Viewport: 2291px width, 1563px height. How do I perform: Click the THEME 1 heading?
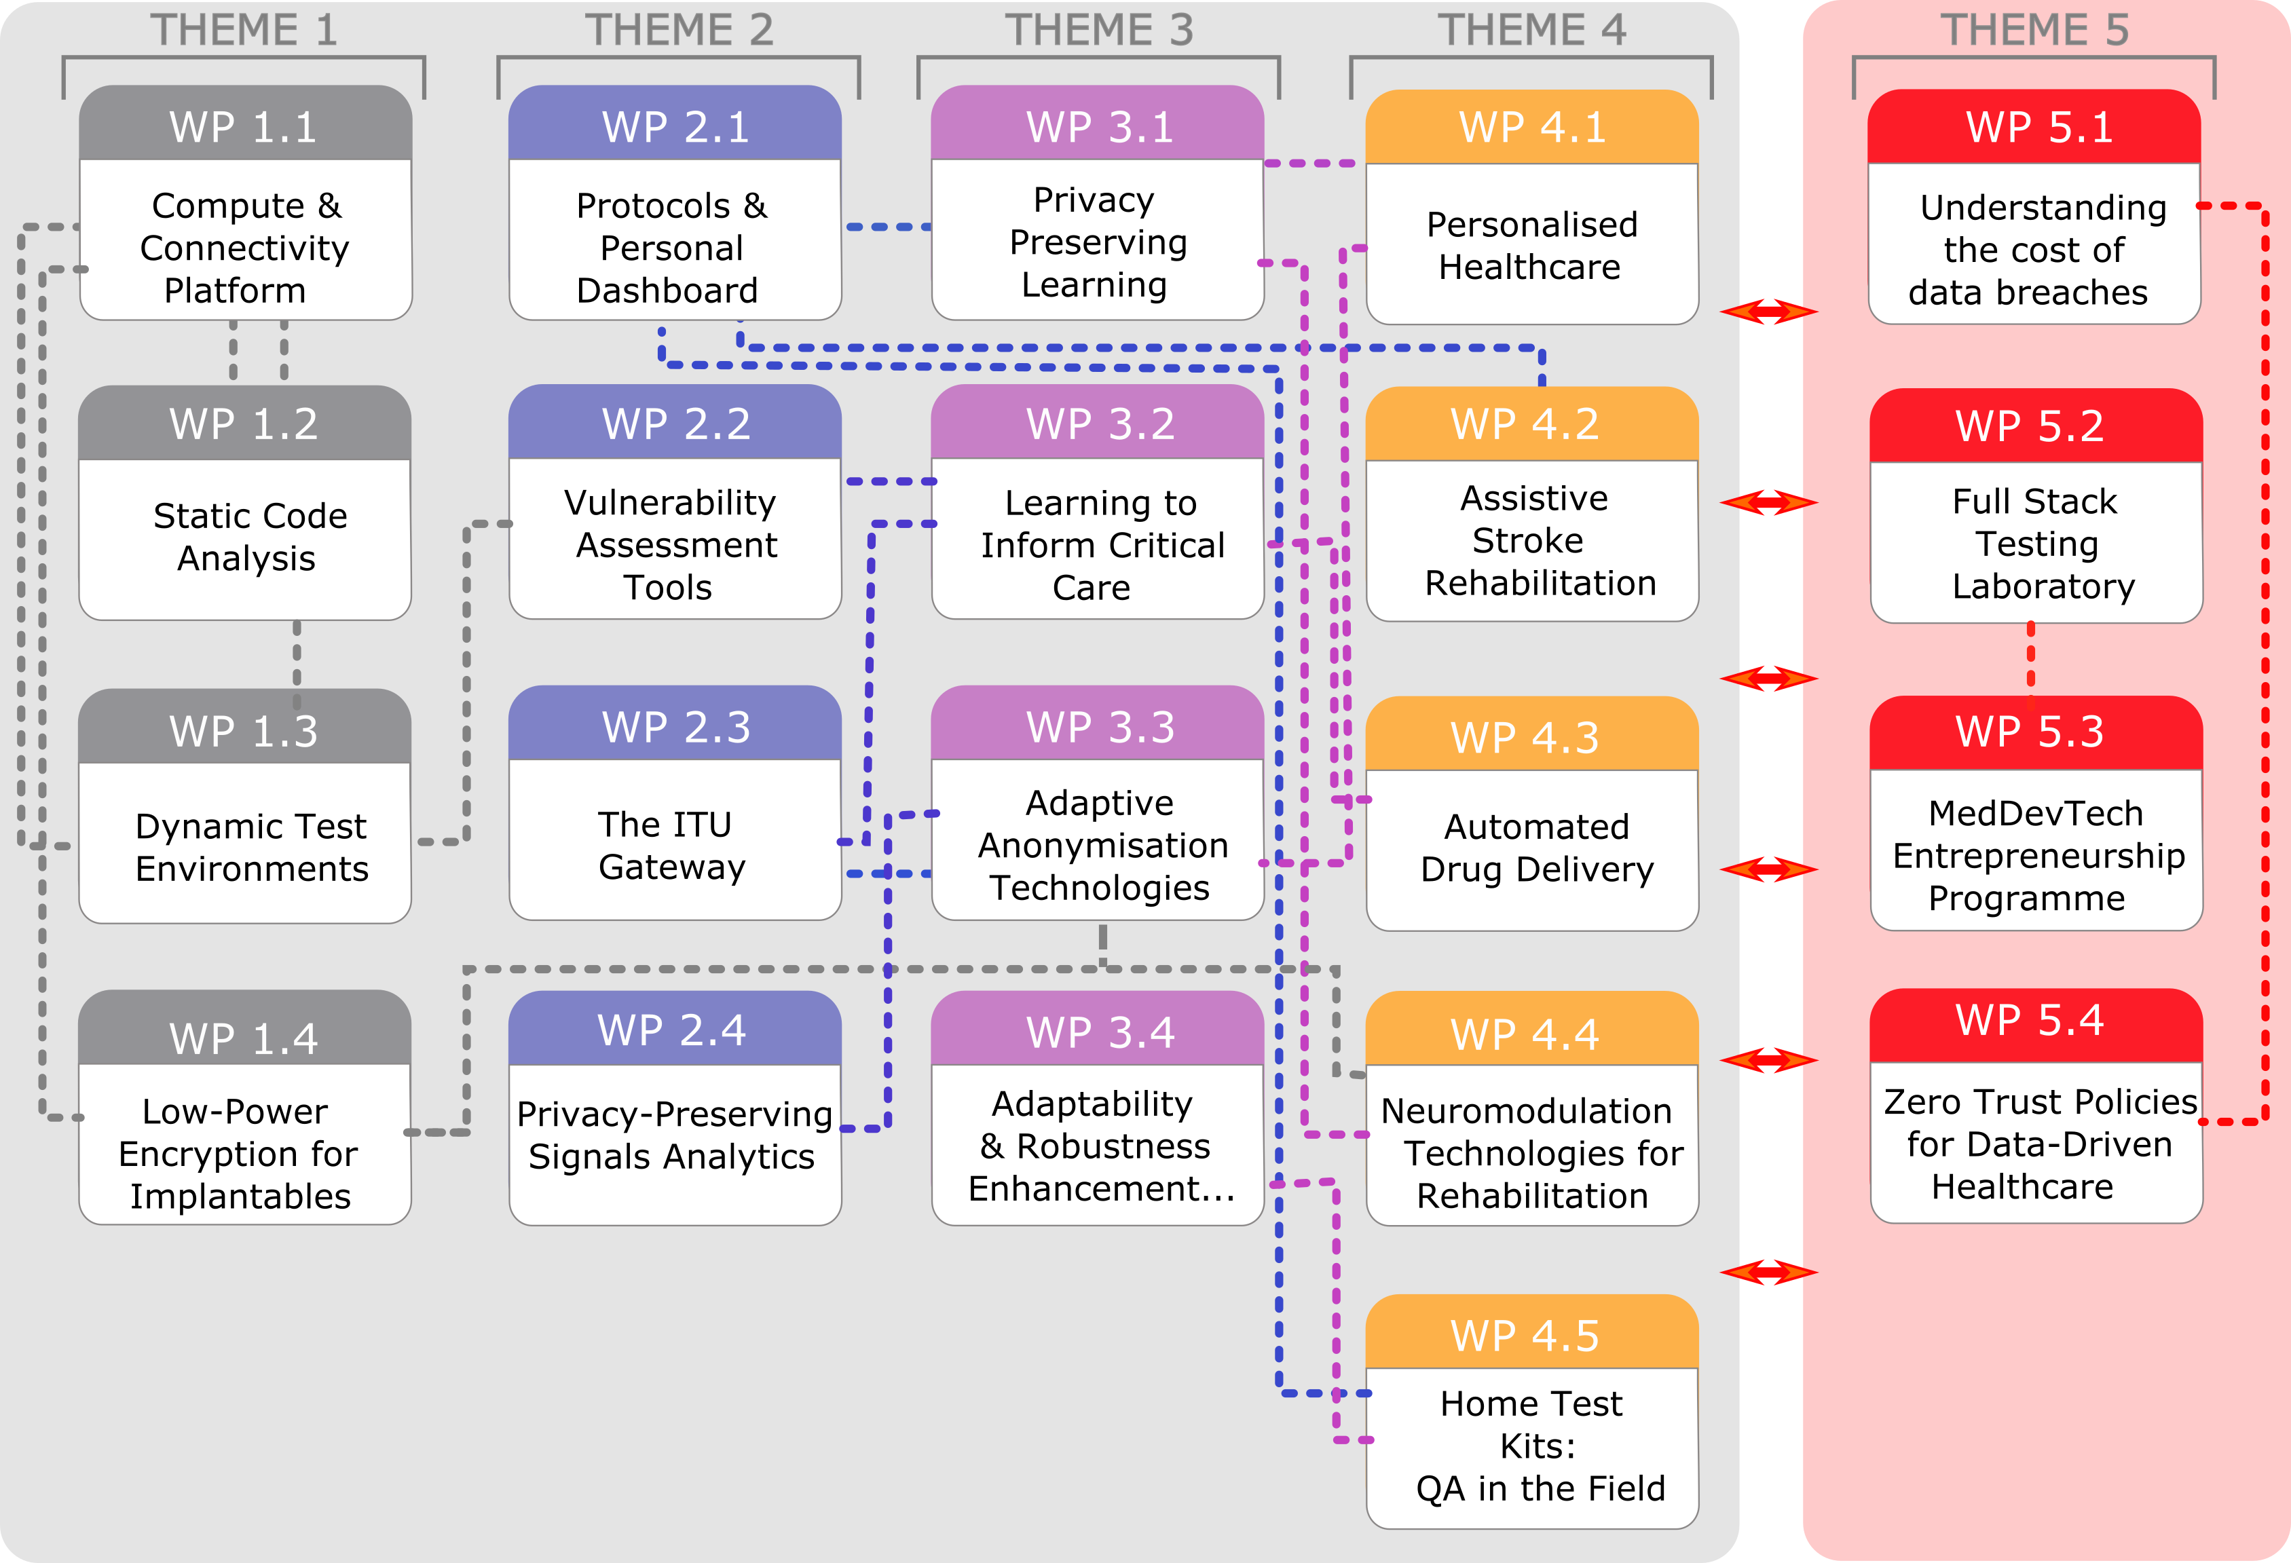pyautogui.click(x=244, y=30)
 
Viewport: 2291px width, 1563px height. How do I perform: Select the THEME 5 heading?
pyautogui.click(x=2034, y=30)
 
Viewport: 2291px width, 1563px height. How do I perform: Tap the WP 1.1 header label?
pyautogui.click(x=244, y=127)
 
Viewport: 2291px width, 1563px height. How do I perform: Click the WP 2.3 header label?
pyautogui.click(x=676, y=728)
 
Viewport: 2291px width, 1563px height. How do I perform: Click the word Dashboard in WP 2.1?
pyautogui.click(x=667, y=290)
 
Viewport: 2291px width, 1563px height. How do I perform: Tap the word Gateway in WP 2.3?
pyautogui.click(x=672, y=867)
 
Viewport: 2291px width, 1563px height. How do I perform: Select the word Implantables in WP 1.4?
pyautogui.click(x=240, y=1197)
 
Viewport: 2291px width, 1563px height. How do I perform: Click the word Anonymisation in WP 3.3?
pyautogui.click(x=1103, y=846)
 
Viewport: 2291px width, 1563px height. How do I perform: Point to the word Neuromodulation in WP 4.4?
pyautogui.click(x=1526, y=1112)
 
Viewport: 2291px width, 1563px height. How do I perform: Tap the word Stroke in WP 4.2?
pyautogui.click(x=1527, y=541)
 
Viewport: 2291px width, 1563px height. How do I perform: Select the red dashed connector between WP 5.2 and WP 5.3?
pyautogui.click(x=2031, y=658)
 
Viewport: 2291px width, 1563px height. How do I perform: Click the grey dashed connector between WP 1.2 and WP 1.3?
pyautogui.click(x=297, y=654)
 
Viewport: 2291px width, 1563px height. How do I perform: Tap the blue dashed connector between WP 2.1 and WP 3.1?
pyautogui.click(x=887, y=227)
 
